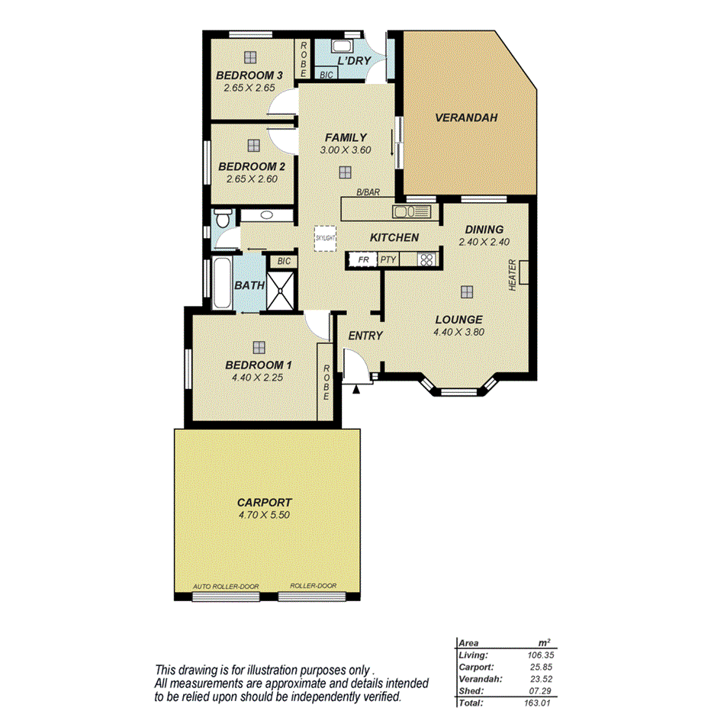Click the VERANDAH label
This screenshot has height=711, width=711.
pyautogui.click(x=465, y=118)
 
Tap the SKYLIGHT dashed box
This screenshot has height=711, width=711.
pyautogui.click(x=325, y=238)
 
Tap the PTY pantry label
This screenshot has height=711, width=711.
pyautogui.click(x=388, y=259)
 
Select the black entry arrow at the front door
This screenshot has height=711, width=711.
pyautogui.click(x=356, y=389)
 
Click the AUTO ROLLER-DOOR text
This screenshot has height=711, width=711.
pyautogui.click(x=227, y=587)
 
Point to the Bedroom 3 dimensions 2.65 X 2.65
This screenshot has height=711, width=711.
pyautogui.click(x=249, y=88)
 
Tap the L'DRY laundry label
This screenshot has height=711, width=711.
pyautogui.click(x=353, y=60)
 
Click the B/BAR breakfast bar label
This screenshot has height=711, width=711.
pyautogui.click(x=368, y=193)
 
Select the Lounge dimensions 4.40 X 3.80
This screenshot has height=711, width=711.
pyautogui.click(x=459, y=332)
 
